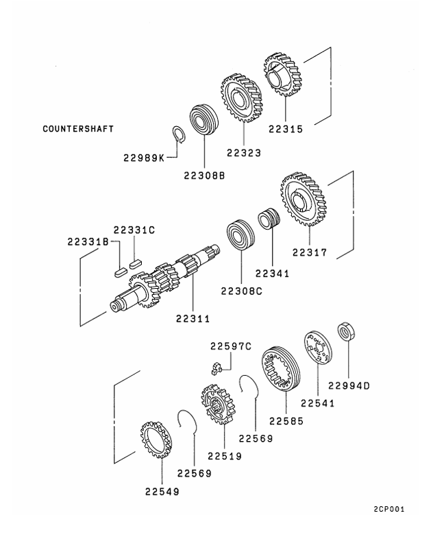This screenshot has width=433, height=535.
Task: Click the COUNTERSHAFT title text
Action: [78, 128]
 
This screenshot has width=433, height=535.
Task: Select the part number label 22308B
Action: [204, 175]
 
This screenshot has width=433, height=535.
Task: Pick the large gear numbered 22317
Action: [304, 199]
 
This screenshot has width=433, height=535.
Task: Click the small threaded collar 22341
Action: [269, 223]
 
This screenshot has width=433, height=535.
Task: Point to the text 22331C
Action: [135, 230]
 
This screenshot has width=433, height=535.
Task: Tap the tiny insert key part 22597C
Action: [216, 371]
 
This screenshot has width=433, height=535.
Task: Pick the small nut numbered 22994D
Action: [346, 333]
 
